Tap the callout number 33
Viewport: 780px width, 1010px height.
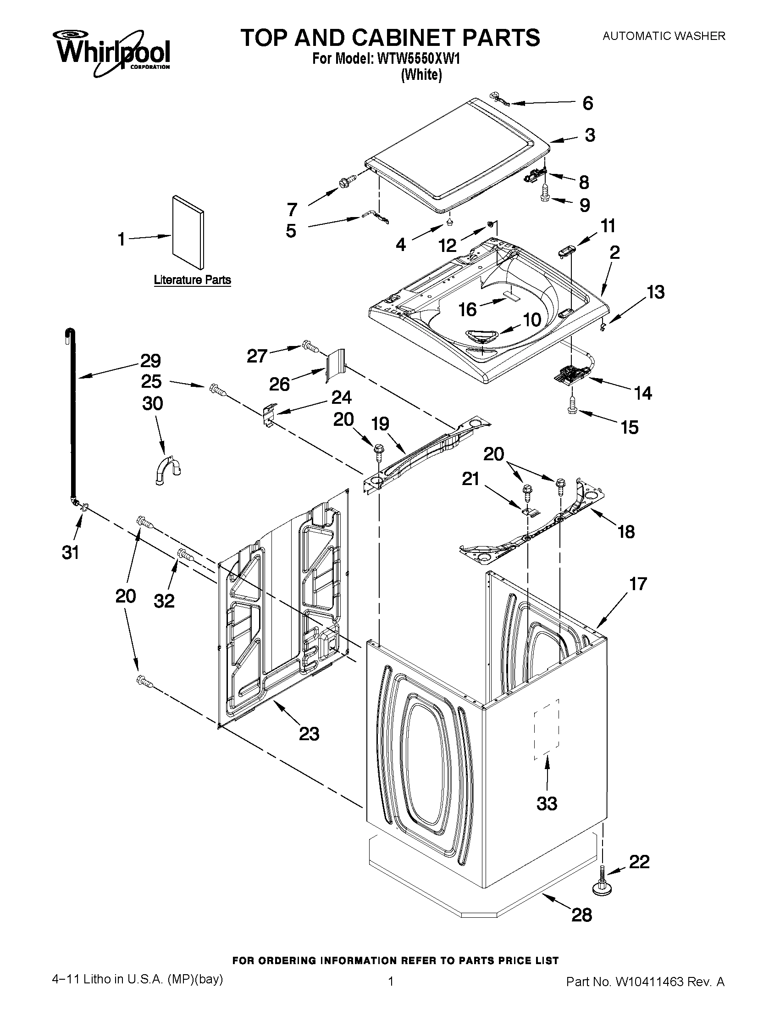(547, 804)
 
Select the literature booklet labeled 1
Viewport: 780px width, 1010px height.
(187, 232)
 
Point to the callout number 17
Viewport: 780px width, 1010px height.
(638, 584)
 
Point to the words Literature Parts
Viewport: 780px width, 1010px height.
(192, 280)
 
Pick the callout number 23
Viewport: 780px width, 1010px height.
(309, 733)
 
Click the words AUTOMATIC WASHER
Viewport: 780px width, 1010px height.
(664, 36)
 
